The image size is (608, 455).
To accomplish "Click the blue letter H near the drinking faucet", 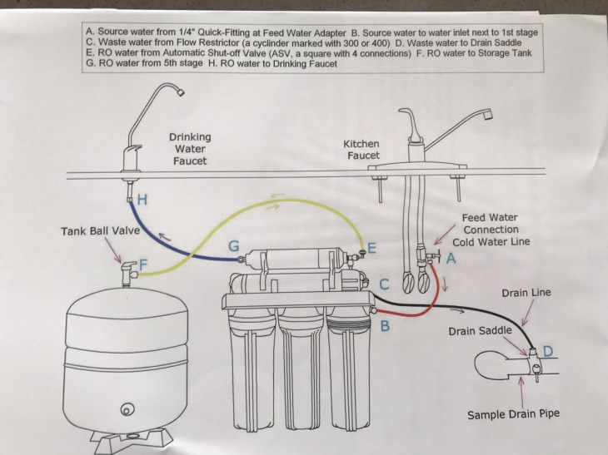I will [x=142, y=200].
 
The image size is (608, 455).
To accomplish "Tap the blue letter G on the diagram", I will [x=235, y=246].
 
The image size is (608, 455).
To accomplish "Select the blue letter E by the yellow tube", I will [x=371, y=247].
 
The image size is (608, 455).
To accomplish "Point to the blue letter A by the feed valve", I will [x=452, y=259].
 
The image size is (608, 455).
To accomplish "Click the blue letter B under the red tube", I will [x=385, y=325].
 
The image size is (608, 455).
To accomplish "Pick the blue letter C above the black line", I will [x=384, y=284].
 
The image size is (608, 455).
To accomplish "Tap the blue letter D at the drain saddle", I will [x=546, y=350].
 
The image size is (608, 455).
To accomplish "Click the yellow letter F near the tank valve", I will [x=143, y=265].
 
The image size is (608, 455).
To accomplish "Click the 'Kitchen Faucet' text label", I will [x=361, y=150].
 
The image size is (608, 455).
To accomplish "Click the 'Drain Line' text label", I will [x=527, y=293].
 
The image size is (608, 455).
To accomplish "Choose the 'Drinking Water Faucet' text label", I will [x=191, y=148].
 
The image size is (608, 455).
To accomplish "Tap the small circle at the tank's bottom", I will [x=126, y=409].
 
